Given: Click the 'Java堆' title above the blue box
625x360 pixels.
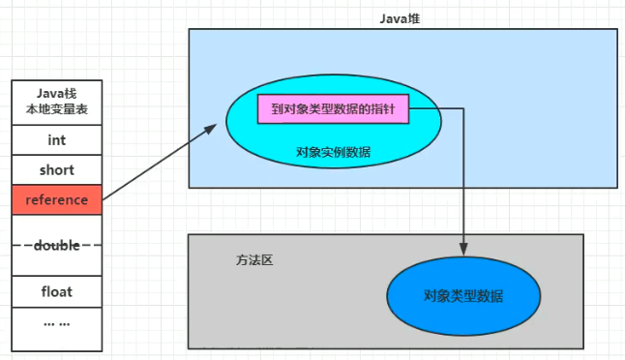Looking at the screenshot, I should click(x=400, y=18).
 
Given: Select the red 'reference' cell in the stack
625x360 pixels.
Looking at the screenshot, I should click(x=57, y=200).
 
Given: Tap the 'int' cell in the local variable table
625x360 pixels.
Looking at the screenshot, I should click(x=57, y=140).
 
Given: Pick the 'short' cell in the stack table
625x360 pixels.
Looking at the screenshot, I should click(x=57, y=170).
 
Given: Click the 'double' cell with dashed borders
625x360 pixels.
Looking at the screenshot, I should click(x=57, y=246).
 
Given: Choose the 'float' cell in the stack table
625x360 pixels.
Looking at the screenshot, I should click(x=57, y=290).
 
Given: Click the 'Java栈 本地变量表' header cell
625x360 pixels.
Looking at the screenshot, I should click(x=57, y=102).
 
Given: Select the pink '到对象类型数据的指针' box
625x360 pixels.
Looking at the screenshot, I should click(x=333, y=109).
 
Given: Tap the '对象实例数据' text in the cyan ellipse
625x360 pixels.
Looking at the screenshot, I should click(x=334, y=152).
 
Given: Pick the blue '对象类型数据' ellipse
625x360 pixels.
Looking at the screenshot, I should click(x=463, y=295).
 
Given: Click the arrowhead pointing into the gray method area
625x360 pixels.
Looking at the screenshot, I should click(x=463, y=251).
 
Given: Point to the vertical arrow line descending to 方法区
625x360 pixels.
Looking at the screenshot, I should click(x=463, y=184).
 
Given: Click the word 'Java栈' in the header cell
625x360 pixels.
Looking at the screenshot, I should click(x=57, y=93).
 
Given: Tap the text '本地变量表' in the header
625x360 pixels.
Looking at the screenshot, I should click(x=57, y=110).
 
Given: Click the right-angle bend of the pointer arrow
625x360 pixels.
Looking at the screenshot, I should click(x=463, y=109).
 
